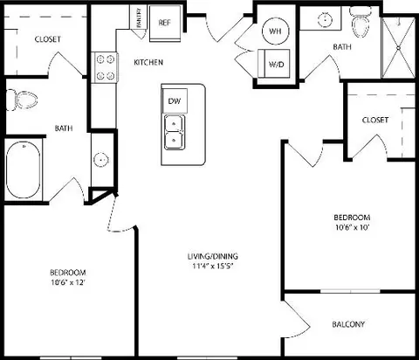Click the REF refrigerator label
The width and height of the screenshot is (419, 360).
click(165, 23)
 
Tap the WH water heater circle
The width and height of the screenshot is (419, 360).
click(275, 31)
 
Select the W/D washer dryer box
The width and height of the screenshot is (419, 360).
click(274, 64)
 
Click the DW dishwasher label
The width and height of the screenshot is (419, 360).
click(175, 101)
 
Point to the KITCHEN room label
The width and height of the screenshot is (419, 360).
click(148, 62)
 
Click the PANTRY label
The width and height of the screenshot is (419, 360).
click(139, 17)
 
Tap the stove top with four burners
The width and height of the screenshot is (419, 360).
click(105, 67)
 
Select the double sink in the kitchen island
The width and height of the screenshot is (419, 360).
click(174, 132)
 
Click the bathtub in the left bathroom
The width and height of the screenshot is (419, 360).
click(24, 170)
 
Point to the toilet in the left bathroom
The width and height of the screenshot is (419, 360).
click(22, 100)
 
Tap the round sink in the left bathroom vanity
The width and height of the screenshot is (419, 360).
click(101, 160)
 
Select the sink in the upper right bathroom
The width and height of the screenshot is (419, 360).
click(325, 19)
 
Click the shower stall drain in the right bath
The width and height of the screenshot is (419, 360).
click(399, 47)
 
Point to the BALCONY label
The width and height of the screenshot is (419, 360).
click(348, 324)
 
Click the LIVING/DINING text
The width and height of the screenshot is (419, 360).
click(212, 256)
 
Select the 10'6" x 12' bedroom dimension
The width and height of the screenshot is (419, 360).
click(68, 282)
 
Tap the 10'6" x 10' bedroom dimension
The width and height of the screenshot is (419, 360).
click(352, 227)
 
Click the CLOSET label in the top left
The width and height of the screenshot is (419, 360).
click(48, 39)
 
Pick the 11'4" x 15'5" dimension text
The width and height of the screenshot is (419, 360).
click(213, 266)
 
